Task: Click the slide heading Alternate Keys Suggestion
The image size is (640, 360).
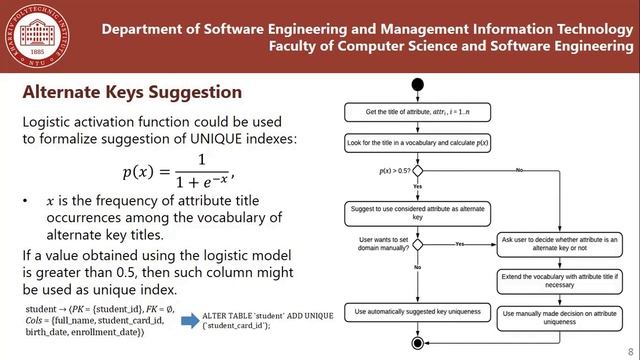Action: point(132,93)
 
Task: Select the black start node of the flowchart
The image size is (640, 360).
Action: point(417,83)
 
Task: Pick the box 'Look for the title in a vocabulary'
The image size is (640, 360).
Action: point(416,143)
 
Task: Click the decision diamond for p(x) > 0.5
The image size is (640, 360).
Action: point(417,171)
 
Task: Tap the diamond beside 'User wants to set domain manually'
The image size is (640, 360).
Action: point(417,243)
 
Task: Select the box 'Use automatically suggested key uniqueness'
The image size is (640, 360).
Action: point(416,314)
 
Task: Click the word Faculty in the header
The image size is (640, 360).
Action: point(298,46)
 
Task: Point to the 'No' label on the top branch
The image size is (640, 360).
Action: point(518,171)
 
